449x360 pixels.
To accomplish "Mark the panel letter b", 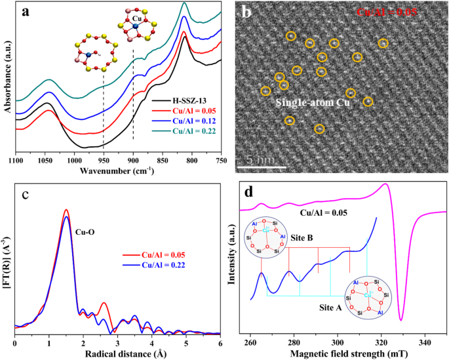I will coord(246,12).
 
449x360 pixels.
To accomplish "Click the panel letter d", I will coord(250,194).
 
